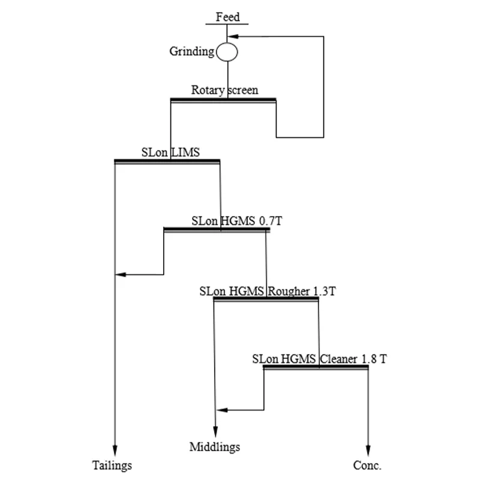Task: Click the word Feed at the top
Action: pos(227,16)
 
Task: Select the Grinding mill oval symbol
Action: pos(227,52)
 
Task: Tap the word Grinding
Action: pos(192,52)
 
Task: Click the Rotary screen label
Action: pos(224,91)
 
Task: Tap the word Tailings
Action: pos(112,465)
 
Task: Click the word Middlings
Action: pos(215,447)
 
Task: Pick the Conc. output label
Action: pos(368,465)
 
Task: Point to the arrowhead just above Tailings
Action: pos(114,451)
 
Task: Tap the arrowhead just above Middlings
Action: pos(215,433)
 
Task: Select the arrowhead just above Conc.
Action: pos(368,451)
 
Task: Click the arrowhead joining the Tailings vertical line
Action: pos(119,274)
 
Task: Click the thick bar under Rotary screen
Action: pos(223,100)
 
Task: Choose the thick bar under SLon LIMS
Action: pos(167,161)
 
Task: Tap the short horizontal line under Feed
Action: pos(227,24)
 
